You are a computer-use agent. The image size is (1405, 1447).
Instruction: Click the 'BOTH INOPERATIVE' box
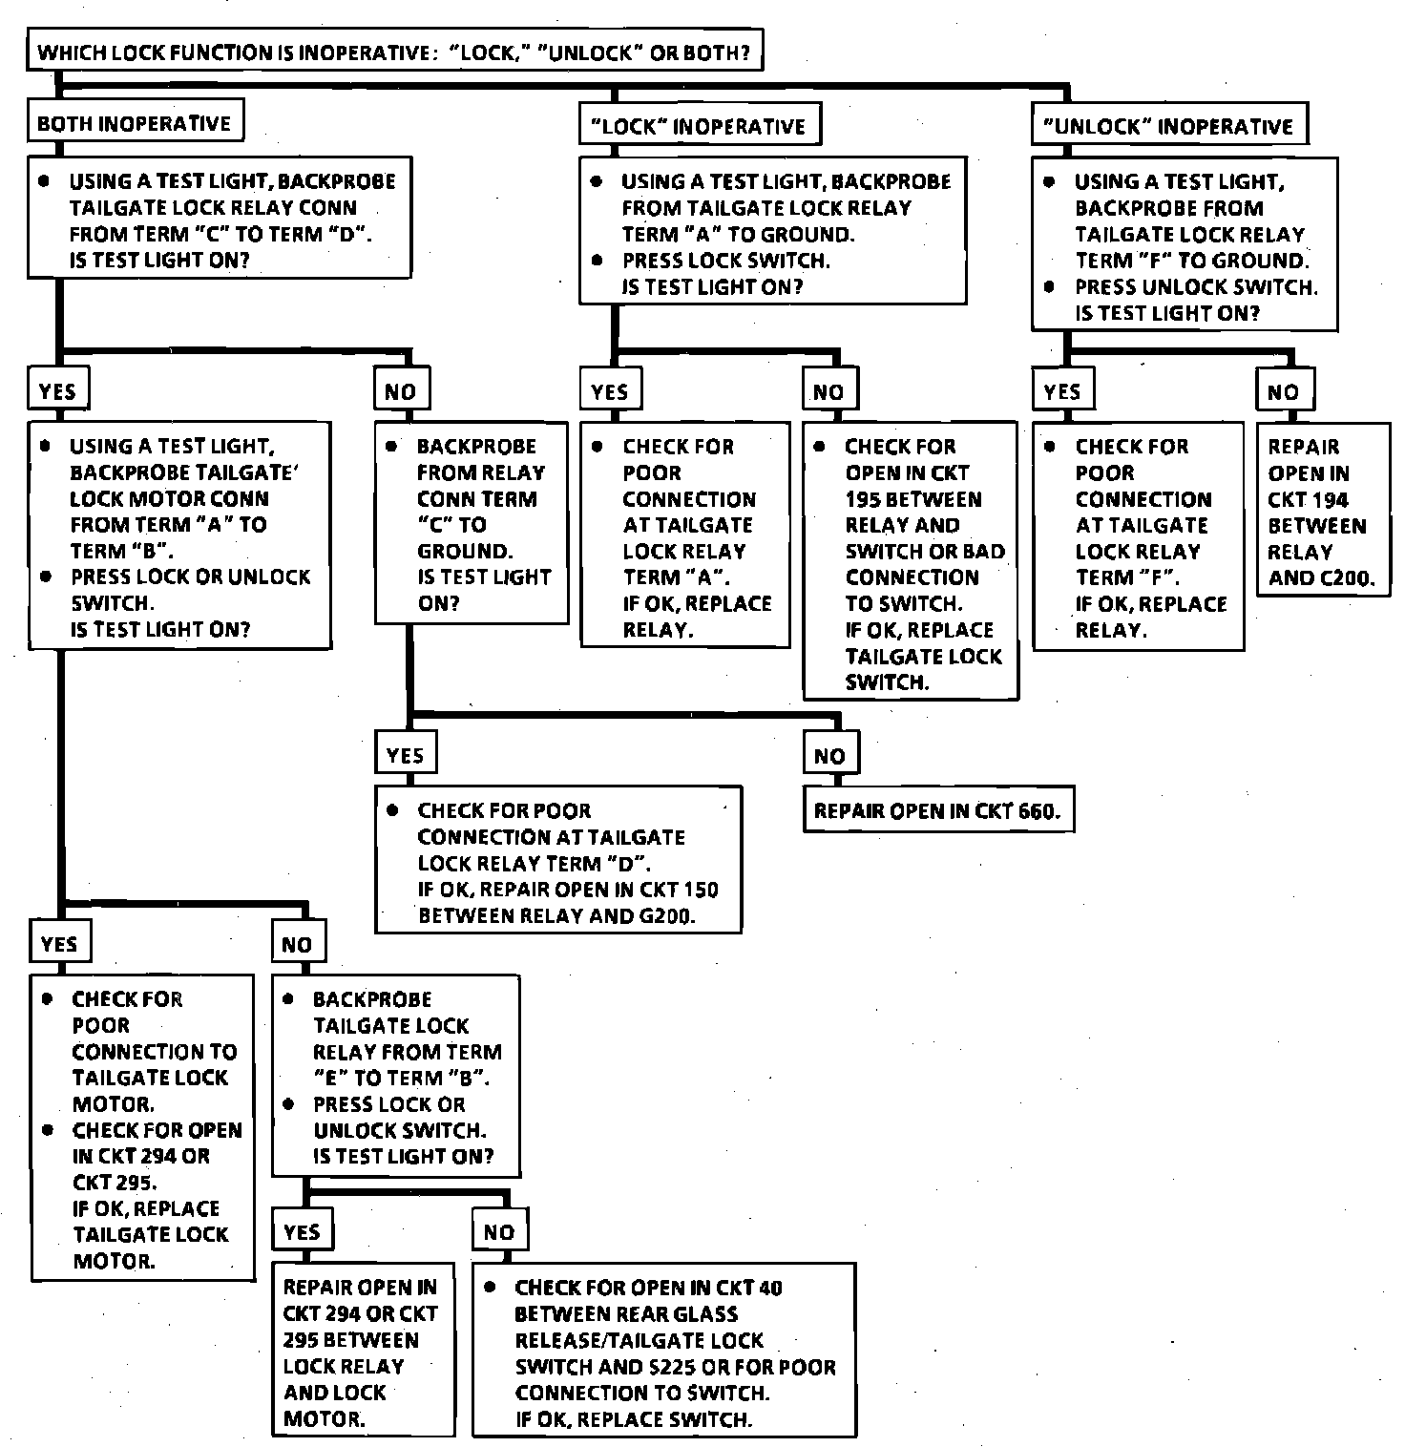[x=135, y=124]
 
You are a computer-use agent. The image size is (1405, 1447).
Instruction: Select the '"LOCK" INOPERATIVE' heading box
[x=700, y=126]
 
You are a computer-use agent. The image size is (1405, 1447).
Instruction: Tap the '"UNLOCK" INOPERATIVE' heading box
[x=1169, y=126]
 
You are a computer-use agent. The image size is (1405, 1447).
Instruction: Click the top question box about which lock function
[x=395, y=52]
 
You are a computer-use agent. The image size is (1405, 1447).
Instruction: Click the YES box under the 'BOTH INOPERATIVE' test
[x=57, y=391]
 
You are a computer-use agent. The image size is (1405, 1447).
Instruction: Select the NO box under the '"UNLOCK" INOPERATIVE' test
[x=1284, y=391]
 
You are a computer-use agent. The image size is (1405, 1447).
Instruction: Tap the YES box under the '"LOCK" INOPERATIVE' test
[x=610, y=391]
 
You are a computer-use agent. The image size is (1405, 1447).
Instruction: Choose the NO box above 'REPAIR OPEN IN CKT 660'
[x=829, y=756]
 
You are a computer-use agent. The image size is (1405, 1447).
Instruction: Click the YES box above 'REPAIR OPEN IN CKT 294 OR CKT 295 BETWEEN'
[x=302, y=1231]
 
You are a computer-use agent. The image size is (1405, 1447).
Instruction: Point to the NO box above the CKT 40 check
[x=499, y=1231]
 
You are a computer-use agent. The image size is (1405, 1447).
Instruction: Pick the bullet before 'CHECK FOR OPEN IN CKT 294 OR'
[x=47, y=1130]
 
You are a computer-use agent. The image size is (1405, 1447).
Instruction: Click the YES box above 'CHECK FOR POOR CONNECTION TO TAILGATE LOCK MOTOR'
[x=59, y=944]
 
